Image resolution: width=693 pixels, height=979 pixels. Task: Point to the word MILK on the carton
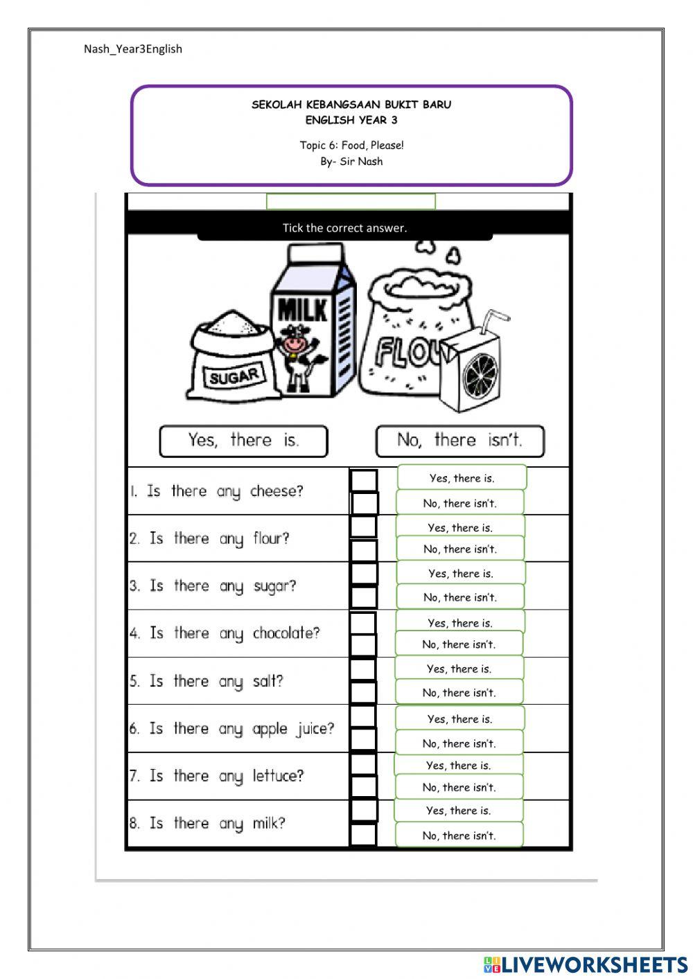302,310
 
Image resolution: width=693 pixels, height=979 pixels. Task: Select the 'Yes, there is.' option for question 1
462,478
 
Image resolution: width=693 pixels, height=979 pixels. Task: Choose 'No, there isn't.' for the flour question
460,549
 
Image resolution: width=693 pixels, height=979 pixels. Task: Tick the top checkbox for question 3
363,574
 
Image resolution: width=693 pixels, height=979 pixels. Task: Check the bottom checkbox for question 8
363,834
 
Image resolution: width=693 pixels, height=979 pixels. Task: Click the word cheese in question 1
277,491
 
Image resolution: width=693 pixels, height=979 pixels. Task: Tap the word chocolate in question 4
286,633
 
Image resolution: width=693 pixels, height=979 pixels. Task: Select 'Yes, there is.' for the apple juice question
459,719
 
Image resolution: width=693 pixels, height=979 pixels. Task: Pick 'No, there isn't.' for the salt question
459,692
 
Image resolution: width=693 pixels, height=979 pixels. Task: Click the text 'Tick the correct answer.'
344,228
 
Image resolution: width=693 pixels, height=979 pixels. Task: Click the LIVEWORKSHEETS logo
585,964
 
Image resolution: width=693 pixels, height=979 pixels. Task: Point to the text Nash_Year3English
133,48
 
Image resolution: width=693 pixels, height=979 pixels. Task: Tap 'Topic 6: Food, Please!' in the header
351,145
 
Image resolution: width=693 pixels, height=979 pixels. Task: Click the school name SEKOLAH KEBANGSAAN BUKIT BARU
351,105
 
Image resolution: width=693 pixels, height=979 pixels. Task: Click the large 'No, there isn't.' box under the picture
460,441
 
